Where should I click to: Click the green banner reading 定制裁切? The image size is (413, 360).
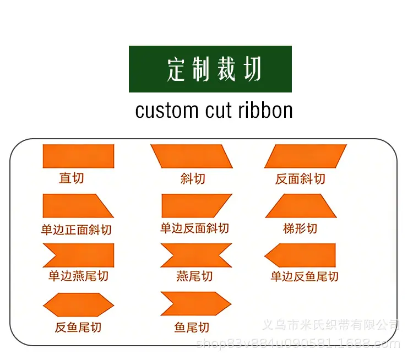pyautogui.click(x=210, y=69)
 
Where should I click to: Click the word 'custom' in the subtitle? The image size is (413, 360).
pyautogui.click(x=167, y=111)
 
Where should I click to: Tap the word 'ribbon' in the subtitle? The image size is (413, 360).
pyautogui.click(x=265, y=110)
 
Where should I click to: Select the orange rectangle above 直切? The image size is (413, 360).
pyautogui.click(x=79, y=156)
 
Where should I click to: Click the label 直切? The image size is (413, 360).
pyautogui.click(x=72, y=178)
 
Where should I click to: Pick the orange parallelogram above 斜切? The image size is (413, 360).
pyautogui.click(x=192, y=156)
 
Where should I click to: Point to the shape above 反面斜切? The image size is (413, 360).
pyautogui.click(x=306, y=156)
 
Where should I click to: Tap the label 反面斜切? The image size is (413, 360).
pyautogui.click(x=300, y=179)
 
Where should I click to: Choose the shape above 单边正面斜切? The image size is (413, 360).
pyautogui.click(x=78, y=206)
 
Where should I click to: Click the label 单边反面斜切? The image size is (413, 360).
pyautogui.click(x=194, y=228)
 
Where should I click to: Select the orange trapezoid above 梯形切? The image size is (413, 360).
pyautogui.click(x=301, y=206)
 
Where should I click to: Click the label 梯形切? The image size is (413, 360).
pyautogui.click(x=300, y=228)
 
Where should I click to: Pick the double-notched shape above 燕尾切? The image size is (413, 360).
pyautogui.click(x=196, y=255)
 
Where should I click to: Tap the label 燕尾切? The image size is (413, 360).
pyautogui.click(x=194, y=276)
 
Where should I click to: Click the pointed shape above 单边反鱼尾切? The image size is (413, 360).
pyautogui.click(x=300, y=255)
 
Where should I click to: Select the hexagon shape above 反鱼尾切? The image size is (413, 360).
pyautogui.click(x=79, y=305)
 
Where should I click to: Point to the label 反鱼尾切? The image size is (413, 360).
pyautogui.click(x=78, y=328)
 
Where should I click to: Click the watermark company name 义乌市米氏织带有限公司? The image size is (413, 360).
pyautogui.click(x=331, y=325)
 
